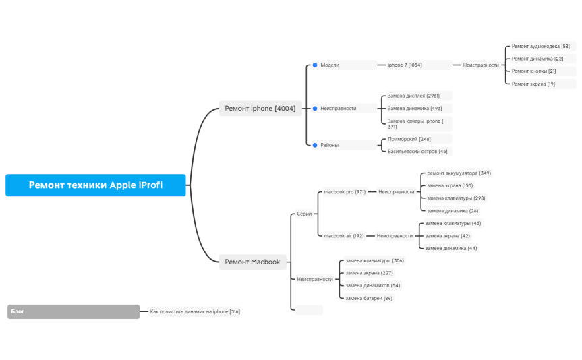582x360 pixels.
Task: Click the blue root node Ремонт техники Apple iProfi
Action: (95, 185)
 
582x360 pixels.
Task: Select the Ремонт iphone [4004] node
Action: (260, 109)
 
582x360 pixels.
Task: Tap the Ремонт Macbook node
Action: (252, 262)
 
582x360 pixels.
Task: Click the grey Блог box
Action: (74, 311)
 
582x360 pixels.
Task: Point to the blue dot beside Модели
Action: (315, 65)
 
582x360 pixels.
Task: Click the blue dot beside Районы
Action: (315, 145)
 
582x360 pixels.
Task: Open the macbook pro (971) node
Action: (345, 192)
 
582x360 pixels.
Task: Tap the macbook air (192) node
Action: (344, 236)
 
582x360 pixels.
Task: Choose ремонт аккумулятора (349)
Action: (459, 173)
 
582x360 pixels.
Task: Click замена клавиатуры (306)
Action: (374, 260)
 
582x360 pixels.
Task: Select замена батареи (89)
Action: (369, 298)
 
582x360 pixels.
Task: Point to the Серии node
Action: (304, 214)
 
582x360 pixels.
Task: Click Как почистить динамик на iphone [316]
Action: (195, 311)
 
